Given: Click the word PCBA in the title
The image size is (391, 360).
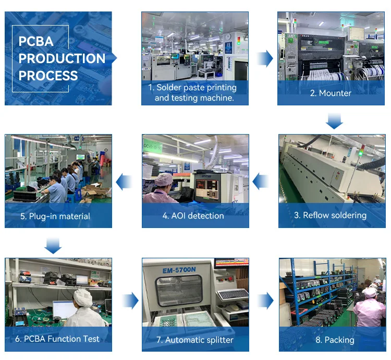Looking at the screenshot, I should pos(36,41).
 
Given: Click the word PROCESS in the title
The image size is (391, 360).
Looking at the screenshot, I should pos(48,75).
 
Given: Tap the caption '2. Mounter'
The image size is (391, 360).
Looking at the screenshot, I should pos(331,93).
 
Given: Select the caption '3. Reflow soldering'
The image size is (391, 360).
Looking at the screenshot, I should pos(335,215).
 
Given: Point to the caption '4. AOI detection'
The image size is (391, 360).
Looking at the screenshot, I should pos(193,215).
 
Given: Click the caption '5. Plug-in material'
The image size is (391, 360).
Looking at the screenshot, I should pos(55,216).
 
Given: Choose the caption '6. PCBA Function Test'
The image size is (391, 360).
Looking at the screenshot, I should pos(57,339).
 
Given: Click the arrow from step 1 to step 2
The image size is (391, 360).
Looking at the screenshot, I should pos(265,58).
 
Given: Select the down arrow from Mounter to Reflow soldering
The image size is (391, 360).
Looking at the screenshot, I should pos(334,122).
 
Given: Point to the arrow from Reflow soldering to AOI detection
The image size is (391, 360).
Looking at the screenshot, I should pos(261,182).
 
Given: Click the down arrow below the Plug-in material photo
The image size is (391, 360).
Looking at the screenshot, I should pos(53,245).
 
